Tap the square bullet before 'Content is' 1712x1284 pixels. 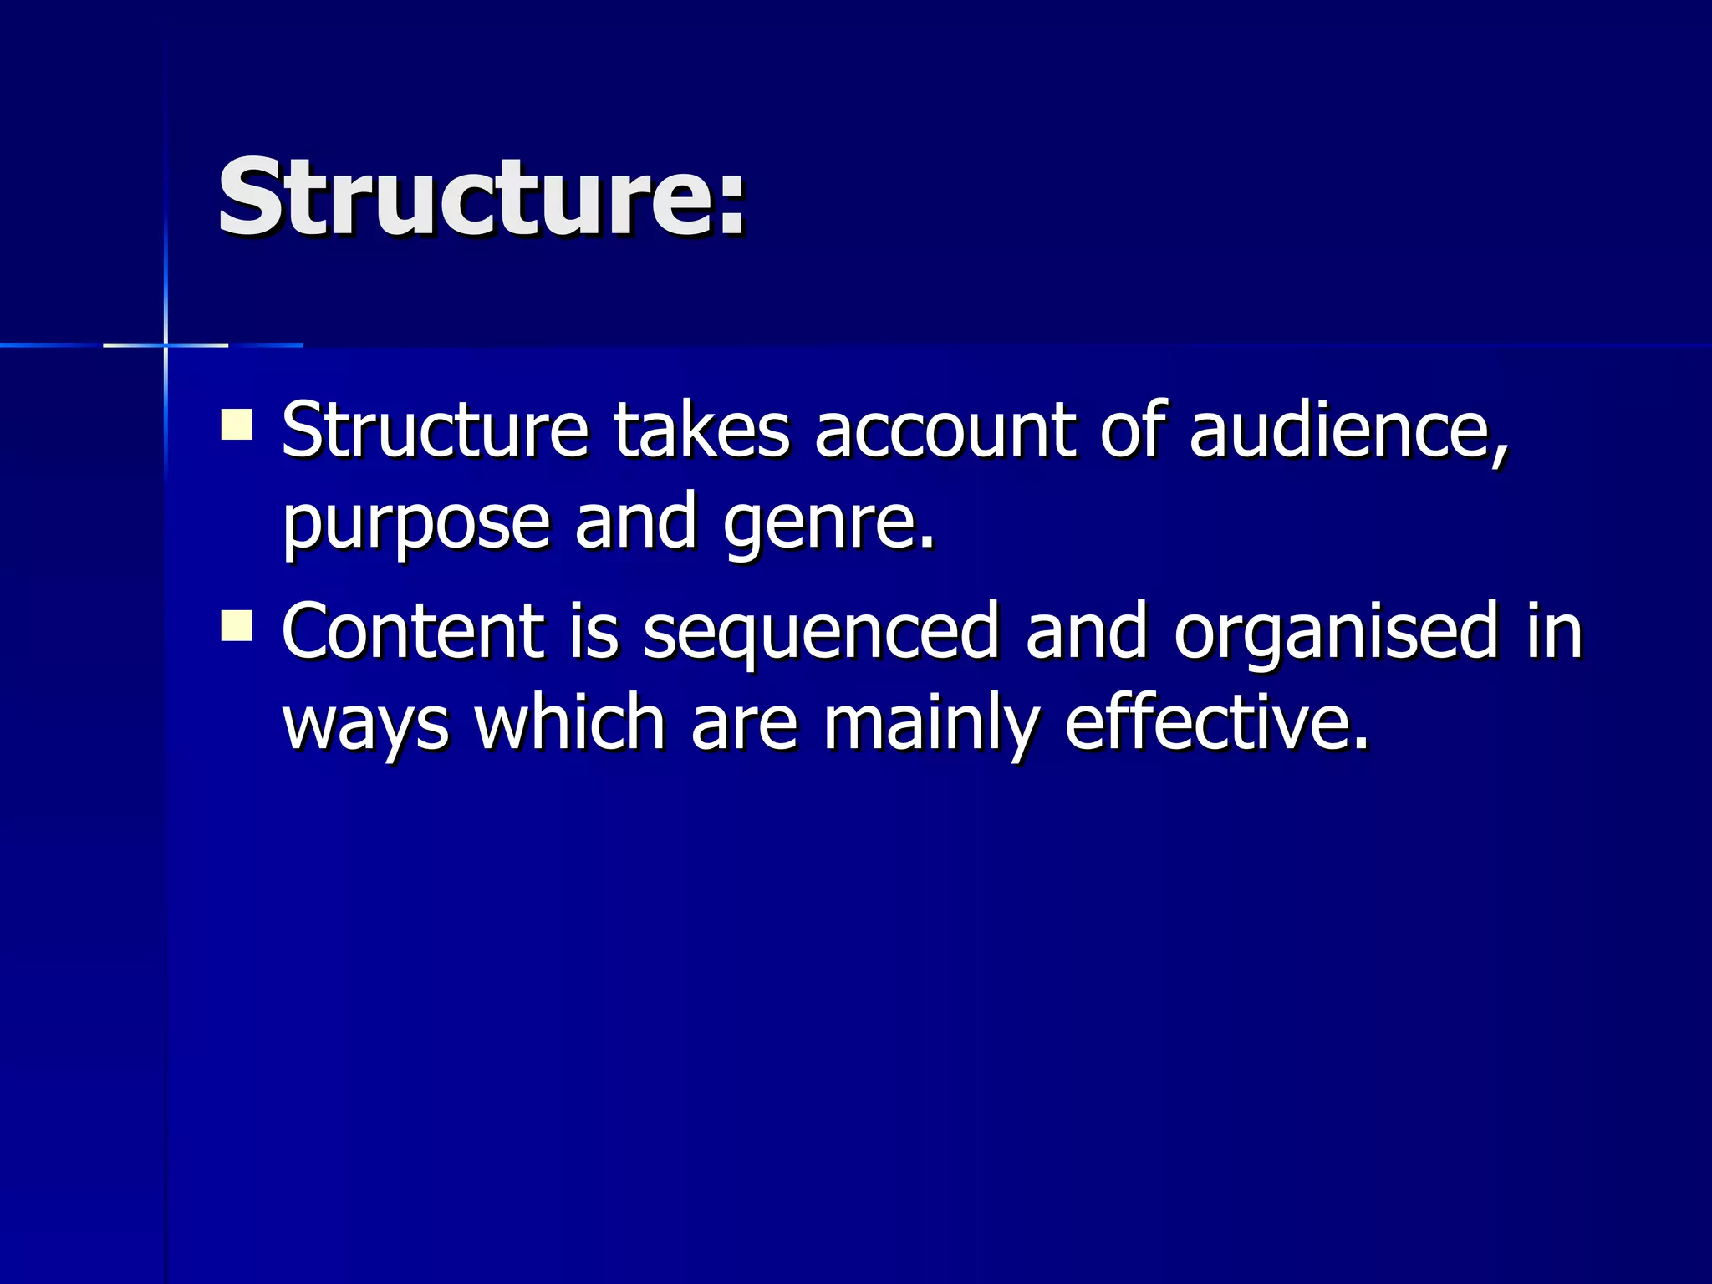tap(237, 625)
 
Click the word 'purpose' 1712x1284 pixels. tap(415, 525)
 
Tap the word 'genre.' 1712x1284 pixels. tap(828, 525)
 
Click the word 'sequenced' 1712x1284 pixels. tap(821, 634)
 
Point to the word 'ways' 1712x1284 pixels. tap(365, 726)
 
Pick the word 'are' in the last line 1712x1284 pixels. tap(744, 724)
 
